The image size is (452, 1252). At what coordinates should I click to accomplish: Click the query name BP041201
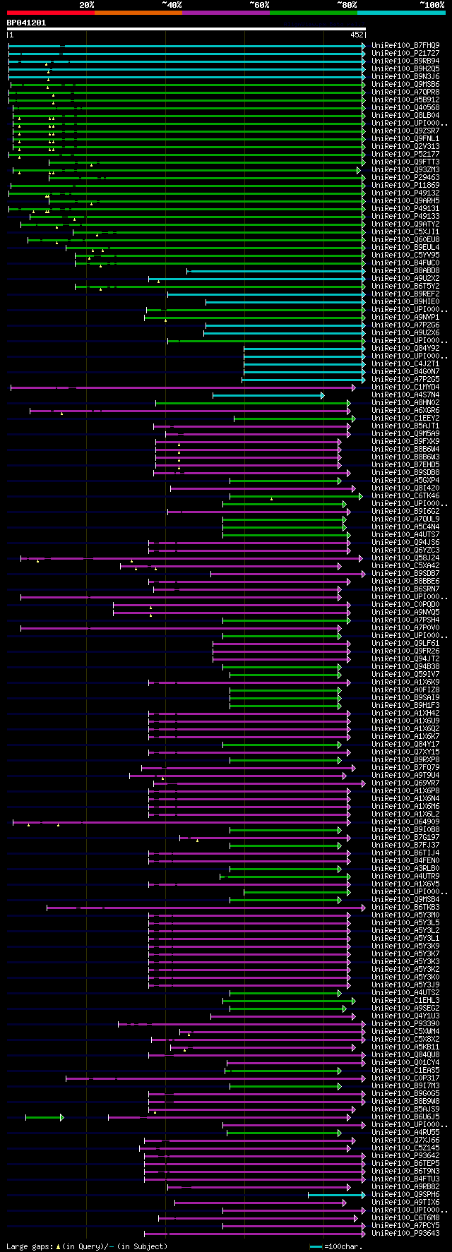click(26, 23)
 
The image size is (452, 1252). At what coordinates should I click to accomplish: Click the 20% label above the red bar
click(87, 5)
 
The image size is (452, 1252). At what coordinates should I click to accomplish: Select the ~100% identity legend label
click(431, 5)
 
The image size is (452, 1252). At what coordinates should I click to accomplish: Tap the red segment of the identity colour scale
click(50, 13)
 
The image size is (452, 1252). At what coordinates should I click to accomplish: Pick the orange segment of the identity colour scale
click(138, 13)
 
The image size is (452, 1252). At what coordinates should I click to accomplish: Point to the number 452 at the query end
click(357, 34)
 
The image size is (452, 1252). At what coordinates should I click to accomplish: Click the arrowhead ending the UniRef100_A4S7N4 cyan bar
click(323, 395)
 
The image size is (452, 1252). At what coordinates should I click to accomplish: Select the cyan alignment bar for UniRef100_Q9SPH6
click(335, 1195)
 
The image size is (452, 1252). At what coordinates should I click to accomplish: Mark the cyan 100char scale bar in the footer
click(316, 1246)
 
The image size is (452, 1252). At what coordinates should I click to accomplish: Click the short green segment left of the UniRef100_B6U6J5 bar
click(44, 1117)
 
